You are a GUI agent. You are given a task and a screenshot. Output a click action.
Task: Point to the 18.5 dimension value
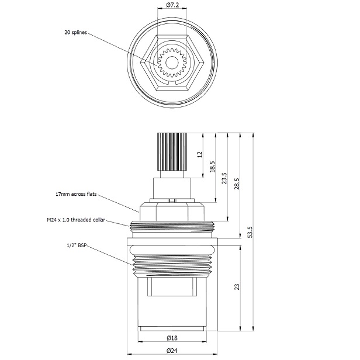(x=212, y=167)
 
